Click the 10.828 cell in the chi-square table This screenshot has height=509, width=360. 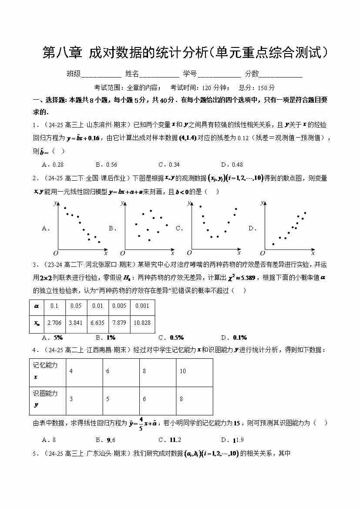142,323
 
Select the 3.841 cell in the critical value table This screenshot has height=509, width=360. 76,323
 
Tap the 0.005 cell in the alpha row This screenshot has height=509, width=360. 119,306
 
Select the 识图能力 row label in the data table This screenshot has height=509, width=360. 45,398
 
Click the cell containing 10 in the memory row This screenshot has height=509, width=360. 182,371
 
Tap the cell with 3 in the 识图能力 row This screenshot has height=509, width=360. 71,399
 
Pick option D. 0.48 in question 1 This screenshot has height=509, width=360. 232,165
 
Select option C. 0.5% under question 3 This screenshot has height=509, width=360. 171,337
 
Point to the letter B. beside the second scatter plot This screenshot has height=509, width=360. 111,228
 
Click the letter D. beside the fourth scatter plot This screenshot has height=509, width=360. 251,228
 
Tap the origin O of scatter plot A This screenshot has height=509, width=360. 55,253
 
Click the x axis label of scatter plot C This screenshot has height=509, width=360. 239,252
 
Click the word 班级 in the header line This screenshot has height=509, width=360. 74,74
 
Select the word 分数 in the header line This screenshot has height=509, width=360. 252,74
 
